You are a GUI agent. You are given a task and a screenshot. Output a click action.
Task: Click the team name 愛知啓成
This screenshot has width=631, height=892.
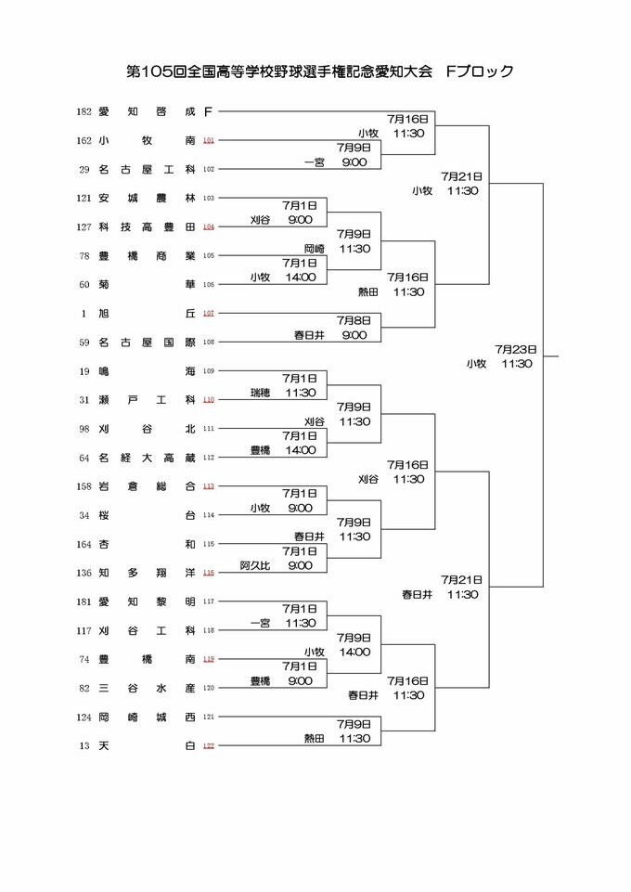146,111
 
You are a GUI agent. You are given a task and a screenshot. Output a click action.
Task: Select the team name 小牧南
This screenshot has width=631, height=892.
146,140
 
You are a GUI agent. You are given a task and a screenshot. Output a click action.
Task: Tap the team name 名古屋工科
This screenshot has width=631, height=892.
146,169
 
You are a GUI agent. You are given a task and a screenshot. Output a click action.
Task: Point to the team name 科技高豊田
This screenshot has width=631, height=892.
146,226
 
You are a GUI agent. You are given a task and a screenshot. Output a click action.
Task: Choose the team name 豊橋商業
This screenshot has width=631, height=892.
146,255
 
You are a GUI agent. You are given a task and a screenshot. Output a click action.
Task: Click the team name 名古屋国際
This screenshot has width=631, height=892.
146,342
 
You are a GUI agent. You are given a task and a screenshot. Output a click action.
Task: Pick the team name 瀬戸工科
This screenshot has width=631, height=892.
146,399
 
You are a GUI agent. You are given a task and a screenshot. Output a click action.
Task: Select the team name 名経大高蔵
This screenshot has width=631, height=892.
146,457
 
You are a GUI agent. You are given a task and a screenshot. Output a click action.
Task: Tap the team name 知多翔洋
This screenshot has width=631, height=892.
146,573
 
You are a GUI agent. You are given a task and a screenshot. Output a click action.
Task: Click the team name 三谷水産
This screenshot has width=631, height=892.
146,688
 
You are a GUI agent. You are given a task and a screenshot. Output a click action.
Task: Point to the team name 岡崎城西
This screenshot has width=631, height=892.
146,717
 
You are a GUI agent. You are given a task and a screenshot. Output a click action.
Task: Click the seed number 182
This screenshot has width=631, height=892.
84,111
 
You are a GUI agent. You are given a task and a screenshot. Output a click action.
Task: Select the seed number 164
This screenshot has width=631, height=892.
84,544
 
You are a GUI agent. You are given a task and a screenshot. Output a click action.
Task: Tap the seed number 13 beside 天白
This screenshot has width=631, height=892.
84,745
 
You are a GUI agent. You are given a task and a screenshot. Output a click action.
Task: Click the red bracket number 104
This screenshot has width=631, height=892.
209,226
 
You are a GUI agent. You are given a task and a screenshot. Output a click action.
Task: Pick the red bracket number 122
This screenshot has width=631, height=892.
209,745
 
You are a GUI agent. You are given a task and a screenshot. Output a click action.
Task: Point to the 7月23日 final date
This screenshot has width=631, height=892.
512,349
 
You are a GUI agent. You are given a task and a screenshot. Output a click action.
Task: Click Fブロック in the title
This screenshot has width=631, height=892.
480,71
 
